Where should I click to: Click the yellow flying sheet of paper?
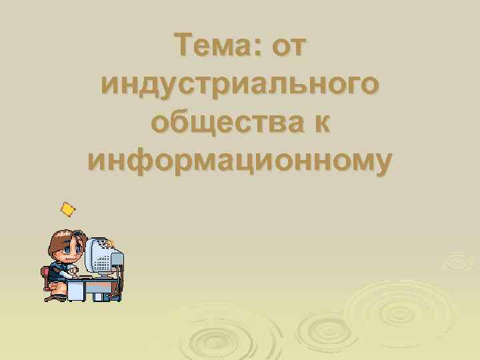[67, 210]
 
